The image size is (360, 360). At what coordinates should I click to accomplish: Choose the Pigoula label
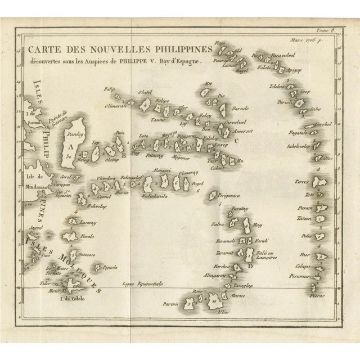point(109,267)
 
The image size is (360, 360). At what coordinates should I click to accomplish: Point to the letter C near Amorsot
point(236,141)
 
